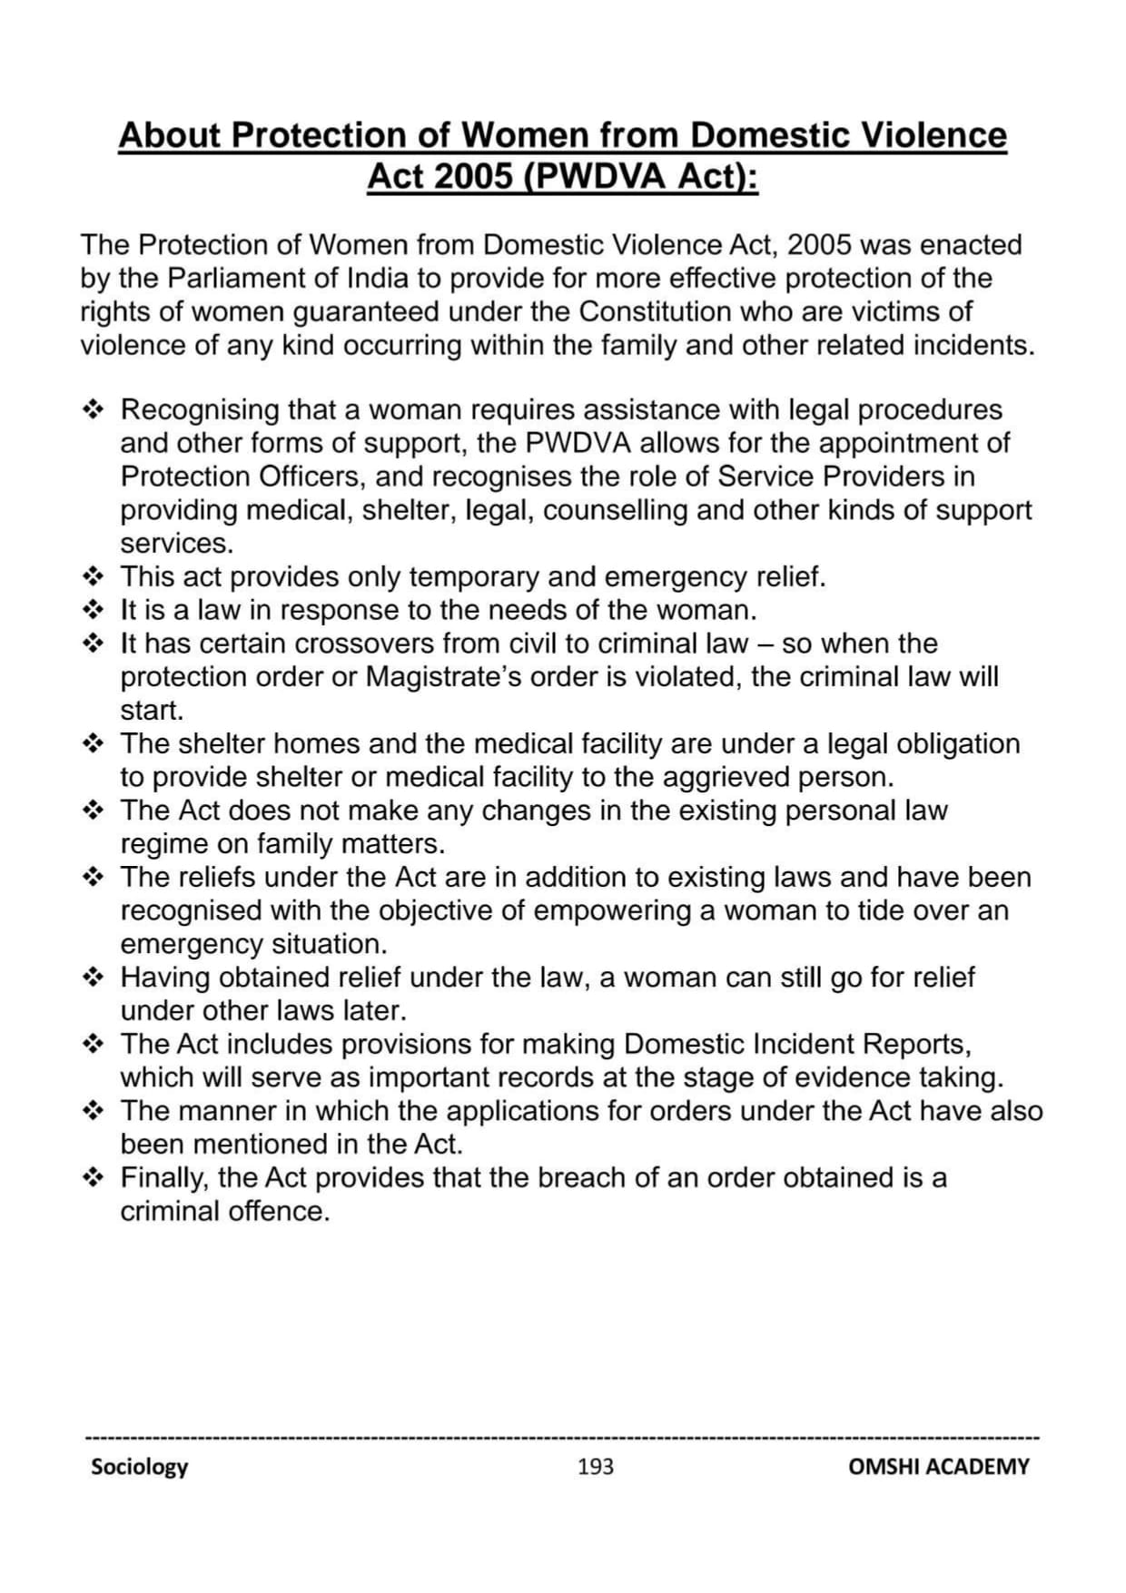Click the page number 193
595,1466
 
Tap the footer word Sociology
139,1467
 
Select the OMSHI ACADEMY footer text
939,1467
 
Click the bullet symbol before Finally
94,1178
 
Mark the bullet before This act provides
94,577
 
